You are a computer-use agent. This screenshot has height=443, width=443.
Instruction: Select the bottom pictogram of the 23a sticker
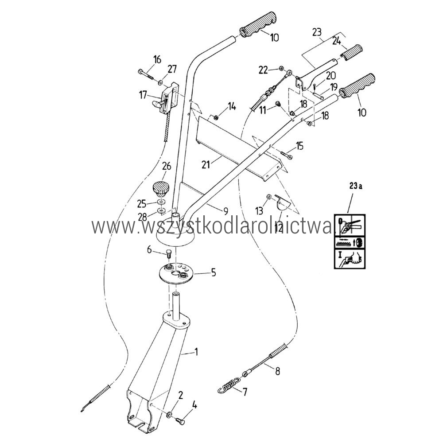(x=350, y=258)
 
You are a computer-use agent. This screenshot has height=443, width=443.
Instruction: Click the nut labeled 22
(x=281, y=68)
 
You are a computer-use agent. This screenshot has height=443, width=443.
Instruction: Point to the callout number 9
(x=225, y=211)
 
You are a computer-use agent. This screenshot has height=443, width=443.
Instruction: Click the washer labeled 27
(x=160, y=82)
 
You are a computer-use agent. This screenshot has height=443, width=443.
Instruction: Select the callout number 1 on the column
(x=196, y=352)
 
